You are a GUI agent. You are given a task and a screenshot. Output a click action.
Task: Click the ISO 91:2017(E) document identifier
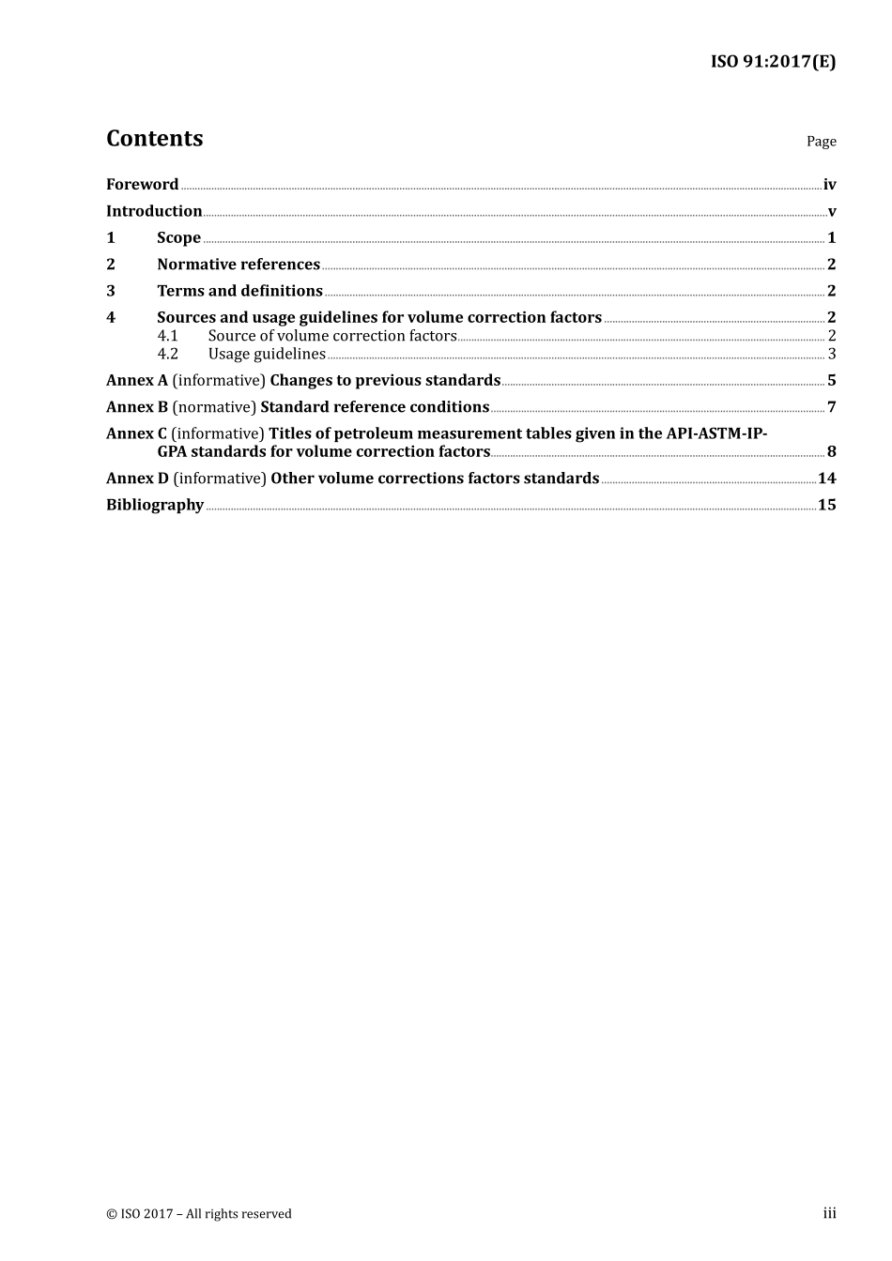coord(773,62)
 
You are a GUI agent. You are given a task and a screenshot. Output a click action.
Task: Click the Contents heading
coord(154,139)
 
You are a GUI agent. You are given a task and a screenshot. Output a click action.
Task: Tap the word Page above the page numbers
coord(821,142)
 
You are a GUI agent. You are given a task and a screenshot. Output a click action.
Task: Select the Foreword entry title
coord(142,185)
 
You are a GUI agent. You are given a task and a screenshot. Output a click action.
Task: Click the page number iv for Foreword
coord(829,185)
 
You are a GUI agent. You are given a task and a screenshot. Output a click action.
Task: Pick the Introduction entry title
coord(154,211)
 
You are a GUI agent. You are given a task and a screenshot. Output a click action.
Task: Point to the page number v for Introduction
coord(832,212)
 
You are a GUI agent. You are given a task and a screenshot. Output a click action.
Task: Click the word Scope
coord(178,238)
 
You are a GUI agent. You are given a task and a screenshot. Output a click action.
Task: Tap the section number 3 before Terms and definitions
coord(111,291)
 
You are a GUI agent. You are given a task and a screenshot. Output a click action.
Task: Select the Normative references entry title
coord(238,265)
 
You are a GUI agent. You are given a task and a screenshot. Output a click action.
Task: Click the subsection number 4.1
coord(167,336)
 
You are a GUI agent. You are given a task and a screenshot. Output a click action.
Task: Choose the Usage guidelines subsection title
coord(267,354)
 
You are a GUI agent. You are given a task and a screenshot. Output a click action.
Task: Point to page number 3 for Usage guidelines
coord(832,354)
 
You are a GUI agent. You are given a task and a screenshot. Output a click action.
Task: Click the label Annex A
coord(137,380)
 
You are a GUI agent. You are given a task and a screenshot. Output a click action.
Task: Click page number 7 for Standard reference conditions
coord(832,407)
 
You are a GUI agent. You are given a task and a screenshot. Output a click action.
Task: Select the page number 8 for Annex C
coord(832,451)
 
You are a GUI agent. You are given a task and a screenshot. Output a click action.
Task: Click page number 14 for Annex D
coord(826,479)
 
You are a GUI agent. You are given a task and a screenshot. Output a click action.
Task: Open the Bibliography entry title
coord(155,505)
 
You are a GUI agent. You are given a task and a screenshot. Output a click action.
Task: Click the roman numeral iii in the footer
coord(829,1213)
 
